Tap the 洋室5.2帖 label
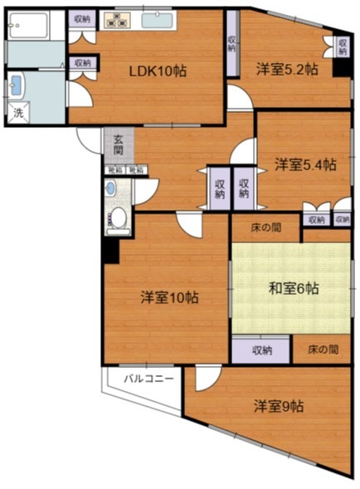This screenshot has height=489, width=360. coord(286,70)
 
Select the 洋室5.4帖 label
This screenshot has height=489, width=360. coord(305,164)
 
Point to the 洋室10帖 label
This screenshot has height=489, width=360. coord(168,296)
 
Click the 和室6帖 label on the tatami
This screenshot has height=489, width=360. coord(294,289)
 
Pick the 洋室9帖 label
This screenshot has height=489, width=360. coord(278,406)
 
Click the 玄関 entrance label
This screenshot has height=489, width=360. coord(119,145)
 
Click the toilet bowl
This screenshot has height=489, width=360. coord(119,218)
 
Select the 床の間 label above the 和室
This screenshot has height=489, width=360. coord(265,227)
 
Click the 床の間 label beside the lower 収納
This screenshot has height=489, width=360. coord(322,350)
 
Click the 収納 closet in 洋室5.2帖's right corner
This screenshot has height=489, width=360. coord(341,47)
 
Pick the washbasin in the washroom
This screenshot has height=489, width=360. coord(16,85)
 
